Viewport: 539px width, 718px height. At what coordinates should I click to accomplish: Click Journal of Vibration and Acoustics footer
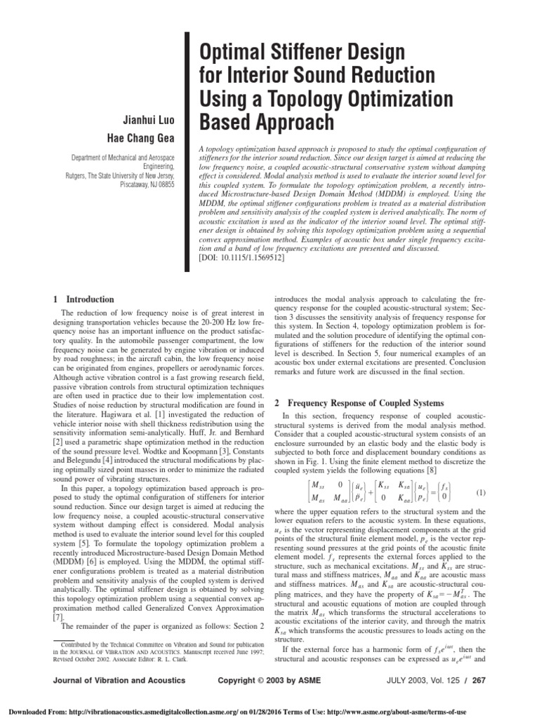[x=114, y=680]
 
